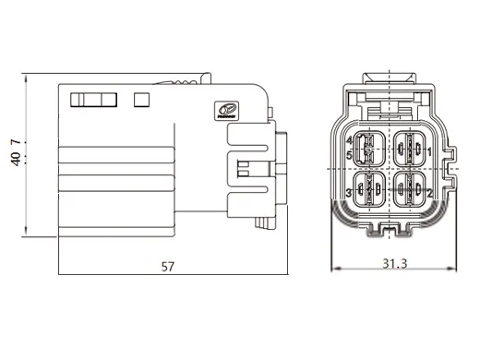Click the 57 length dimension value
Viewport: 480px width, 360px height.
click(168, 267)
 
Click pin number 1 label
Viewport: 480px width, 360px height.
click(430, 149)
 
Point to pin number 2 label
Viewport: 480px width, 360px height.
click(430, 193)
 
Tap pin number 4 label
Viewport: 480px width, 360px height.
click(349, 140)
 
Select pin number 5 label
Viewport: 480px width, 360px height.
click(349, 154)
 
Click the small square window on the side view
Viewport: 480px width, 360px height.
click(141, 99)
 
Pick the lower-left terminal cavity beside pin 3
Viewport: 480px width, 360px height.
click(369, 193)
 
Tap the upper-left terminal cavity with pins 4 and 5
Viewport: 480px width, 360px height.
click(369, 147)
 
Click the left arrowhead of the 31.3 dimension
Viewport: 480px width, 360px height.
click(334, 270)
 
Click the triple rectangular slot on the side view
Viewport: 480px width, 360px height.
click(95, 99)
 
